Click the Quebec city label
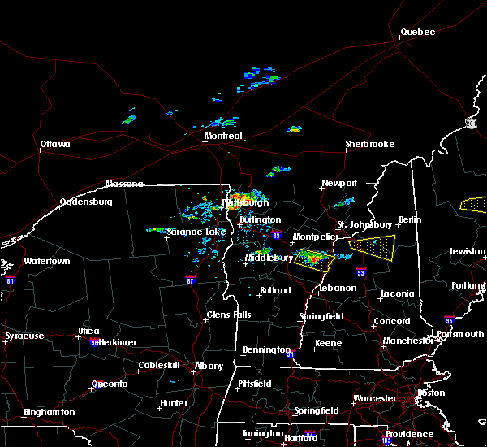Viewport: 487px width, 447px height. click(x=417, y=33)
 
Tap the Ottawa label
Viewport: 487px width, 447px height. click(x=55, y=145)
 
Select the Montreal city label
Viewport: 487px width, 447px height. click(x=223, y=137)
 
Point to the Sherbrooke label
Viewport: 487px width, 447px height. click(x=369, y=144)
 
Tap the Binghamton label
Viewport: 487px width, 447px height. click(x=49, y=412)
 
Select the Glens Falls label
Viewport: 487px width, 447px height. click(x=229, y=315)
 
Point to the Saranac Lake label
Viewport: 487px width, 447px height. click(x=196, y=232)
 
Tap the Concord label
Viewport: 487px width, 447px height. click(x=391, y=322)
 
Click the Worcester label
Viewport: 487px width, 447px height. click(x=374, y=398)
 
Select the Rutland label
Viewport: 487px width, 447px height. click(x=275, y=290)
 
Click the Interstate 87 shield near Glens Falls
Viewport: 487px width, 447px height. click(x=191, y=278)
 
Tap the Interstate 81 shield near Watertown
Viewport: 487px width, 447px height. click(x=11, y=279)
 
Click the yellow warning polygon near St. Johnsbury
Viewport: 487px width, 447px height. click(x=372, y=243)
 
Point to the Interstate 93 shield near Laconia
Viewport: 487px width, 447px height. click(x=360, y=272)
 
